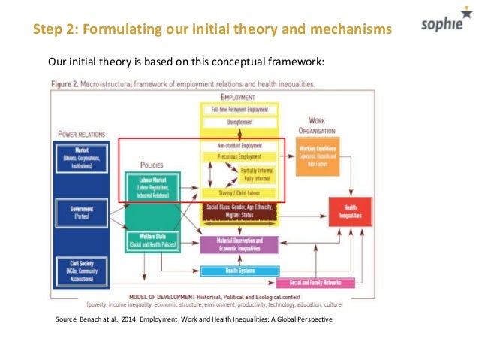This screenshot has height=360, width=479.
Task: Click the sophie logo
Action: pyautogui.click(x=444, y=29)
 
